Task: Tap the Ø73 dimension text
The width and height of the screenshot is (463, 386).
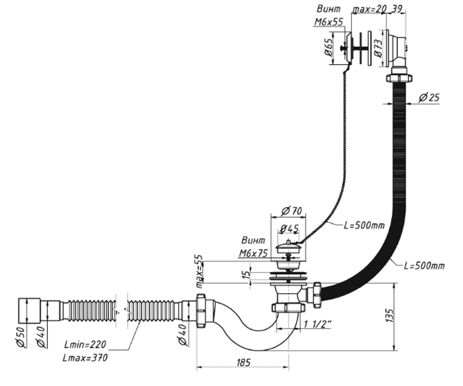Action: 379,48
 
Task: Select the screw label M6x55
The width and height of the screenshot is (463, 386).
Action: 329,22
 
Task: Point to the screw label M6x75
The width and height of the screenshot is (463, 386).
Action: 253,253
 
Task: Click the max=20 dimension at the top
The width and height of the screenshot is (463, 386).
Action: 369,10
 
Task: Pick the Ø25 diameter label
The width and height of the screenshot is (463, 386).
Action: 429,97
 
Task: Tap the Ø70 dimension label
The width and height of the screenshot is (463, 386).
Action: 292,211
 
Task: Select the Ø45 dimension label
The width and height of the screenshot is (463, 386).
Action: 289,229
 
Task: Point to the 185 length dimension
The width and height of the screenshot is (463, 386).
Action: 243,363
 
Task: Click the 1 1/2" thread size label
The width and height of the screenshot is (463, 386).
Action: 317,324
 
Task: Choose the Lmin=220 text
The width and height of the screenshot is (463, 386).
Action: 85,345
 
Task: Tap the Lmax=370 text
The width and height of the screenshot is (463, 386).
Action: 85,358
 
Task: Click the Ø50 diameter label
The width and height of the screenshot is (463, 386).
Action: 21,337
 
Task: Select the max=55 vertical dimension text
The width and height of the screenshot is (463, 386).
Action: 200,271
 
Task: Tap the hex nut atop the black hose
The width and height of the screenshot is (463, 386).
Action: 399,78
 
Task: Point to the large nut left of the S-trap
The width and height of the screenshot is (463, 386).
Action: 201,310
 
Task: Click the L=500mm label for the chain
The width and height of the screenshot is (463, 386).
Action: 364,225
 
